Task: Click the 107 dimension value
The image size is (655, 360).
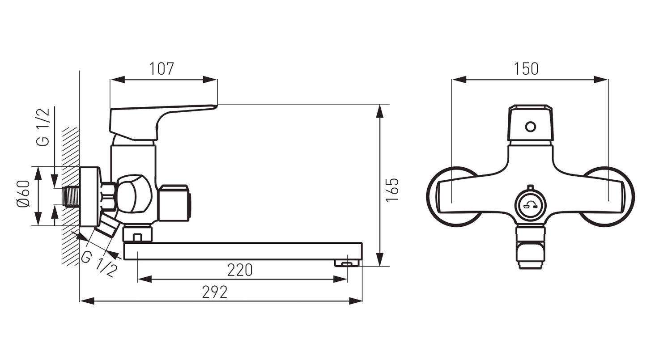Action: [162, 69]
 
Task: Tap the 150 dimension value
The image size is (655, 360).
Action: [526, 69]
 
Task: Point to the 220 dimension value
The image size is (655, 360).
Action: [240, 270]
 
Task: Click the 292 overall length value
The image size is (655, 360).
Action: [215, 292]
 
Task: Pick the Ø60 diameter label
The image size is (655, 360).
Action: [23, 194]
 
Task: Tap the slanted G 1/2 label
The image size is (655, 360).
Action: [99, 264]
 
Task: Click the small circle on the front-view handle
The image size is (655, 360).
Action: [530, 127]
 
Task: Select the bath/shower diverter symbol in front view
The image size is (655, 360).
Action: [530, 205]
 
